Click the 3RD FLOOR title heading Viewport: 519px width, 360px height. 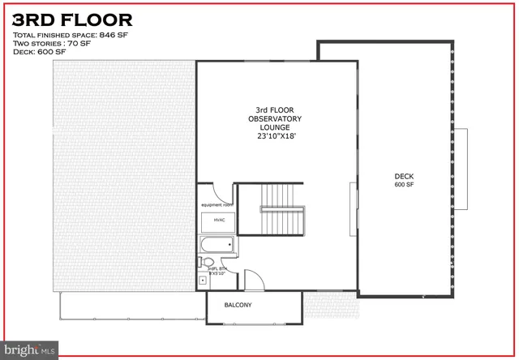point(72,19)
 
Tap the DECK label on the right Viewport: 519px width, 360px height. point(404,176)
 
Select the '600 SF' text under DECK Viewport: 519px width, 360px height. point(404,185)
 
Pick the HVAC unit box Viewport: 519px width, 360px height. point(219,220)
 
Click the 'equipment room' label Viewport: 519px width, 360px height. point(217,205)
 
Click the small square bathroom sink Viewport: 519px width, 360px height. point(202,281)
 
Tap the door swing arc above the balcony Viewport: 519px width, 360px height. point(255,280)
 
